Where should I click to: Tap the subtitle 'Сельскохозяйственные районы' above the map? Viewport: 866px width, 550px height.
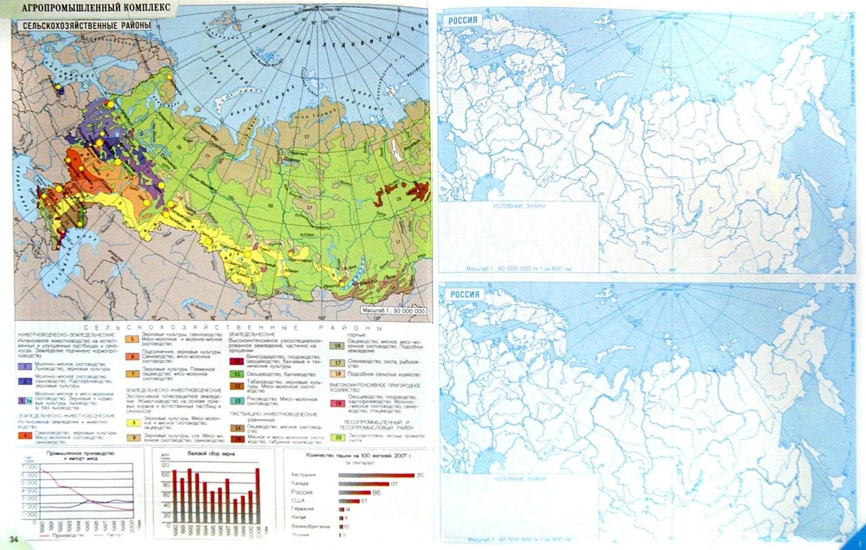pyautogui.click(x=87, y=25)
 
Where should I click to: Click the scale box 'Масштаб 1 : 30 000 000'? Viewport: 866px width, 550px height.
pyautogui.click(x=393, y=311)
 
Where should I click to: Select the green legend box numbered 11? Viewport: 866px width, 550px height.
pyautogui.click(x=237, y=374)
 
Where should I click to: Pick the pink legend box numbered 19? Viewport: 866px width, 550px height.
pyautogui.click(x=338, y=403)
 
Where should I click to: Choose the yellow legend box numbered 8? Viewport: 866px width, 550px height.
pyautogui.click(x=133, y=423)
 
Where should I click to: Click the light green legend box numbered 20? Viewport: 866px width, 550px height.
pyautogui.click(x=338, y=437)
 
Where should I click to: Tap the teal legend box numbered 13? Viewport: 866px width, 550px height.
pyautogui.click(x=237, y=401)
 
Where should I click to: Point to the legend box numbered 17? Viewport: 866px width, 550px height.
pyautogui.click(x=338, y=363)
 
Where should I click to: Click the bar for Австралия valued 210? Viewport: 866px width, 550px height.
pyautogui.click(x=376, y=475)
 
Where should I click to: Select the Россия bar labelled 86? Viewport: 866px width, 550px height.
pyautogui.click(x=354, y=492)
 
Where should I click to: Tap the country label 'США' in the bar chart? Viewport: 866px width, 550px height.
pyautogui.click(x=300, y=501)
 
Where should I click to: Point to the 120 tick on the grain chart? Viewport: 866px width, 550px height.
pyautogui.click(x=165, y=465)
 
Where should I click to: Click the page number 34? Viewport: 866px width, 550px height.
pyautogui.click(x=13, y=540)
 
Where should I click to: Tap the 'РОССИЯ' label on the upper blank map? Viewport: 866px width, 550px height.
pyautogui.click(x=463, y=20)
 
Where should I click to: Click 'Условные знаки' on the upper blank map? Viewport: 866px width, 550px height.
pyautogui.click(x=519, y=206)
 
